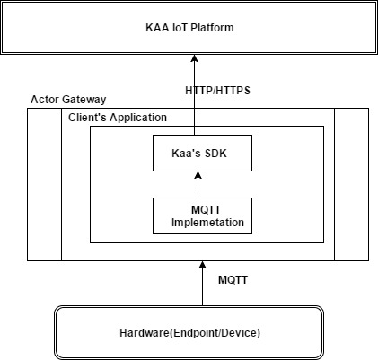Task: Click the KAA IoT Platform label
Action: [x=189, y=28]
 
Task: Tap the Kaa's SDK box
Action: [x=202, y=153]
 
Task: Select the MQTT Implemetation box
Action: [x=202, y=215]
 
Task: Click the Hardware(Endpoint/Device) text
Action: [x=189, y=333]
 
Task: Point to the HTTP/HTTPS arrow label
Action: [x=217, y=91]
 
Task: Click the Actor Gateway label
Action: [x=68, y=100]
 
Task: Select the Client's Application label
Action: [x=118, y=118]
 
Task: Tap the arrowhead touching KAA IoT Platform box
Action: [x=195, y=58]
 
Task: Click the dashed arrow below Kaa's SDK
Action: [x=198, y=185]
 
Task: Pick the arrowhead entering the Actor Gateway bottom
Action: [x=203, y=265]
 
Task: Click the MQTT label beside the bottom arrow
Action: [x=233, y=280]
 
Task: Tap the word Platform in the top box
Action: [x=212, y=28]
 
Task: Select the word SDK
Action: [x=215, y=154]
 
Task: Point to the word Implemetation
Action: [x=207, y=223]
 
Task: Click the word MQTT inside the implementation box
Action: [x=206, y=210]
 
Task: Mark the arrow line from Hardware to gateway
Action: [x=203, y=284]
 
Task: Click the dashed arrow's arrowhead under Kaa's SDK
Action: [x=198, y=175]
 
